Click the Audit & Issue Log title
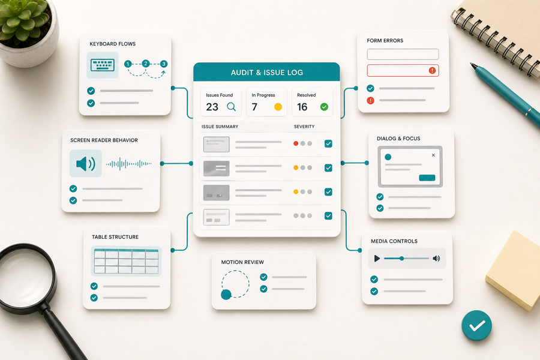[x=267, y=73]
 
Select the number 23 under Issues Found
[x=212, y=107]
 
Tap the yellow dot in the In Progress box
[x=278, y=107]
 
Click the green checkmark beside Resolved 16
[x=324, y=107]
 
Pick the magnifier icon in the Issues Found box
[x=232, y=107]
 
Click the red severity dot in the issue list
[x=296, y=143]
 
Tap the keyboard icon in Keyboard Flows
[x=102, y=65]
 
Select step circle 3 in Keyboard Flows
[x=164, y=64]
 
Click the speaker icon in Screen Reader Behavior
[x=85, y=163]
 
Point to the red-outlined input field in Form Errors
[x=403, y=71]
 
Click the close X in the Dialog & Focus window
[x=433, y=155]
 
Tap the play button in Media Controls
[x=377, y=259]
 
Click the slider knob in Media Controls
[x=401, y=259]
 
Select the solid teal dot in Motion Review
[x=226, y=295]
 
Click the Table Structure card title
[x=115, y=237]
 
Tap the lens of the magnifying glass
[x=25, y=276]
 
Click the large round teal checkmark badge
[x=476, y=325]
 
